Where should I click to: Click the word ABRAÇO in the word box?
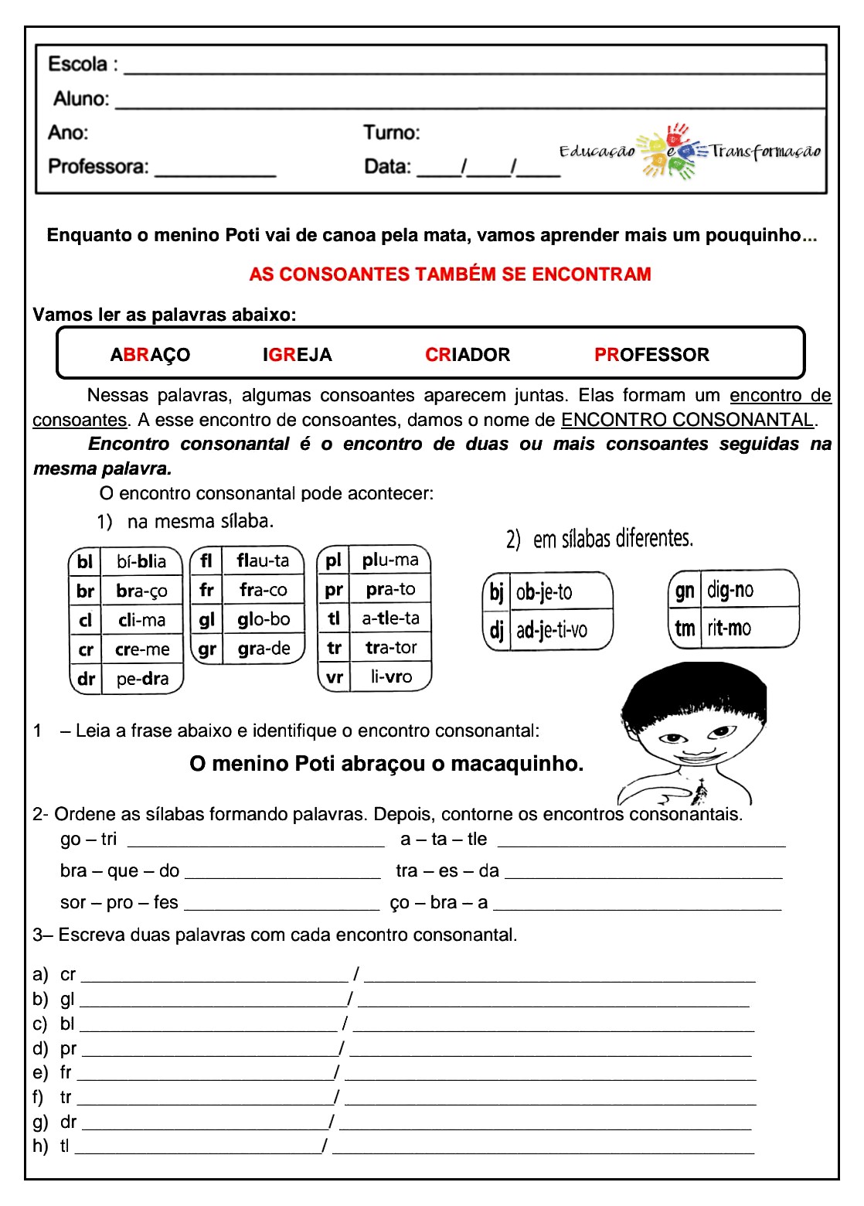pos(150,355)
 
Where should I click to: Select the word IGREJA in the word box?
pos(297,355)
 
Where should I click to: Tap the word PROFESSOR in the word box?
pos(651,355)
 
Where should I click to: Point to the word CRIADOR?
pos(468,355)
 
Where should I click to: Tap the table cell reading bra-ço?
pos(141,591)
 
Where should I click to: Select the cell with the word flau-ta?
pos(263,560)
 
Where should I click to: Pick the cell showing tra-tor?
pos(390,648)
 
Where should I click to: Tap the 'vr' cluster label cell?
pos(334,677)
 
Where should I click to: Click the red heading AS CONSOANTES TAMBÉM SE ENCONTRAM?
pos(450,274)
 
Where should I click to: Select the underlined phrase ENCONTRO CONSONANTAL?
pos(687,420)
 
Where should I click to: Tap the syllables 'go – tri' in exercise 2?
pos(88,840)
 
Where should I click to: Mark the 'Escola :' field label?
pos(83,64)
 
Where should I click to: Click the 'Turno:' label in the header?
pos(392,133)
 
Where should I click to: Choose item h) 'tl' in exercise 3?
pos(64,1146)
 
